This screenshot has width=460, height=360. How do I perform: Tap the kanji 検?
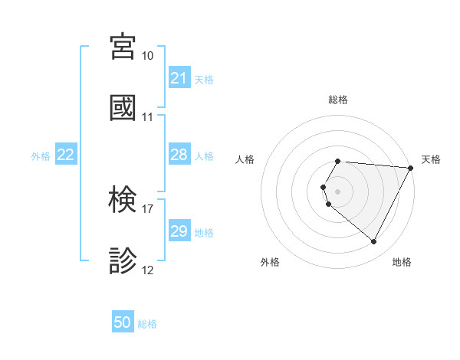click(123, 200)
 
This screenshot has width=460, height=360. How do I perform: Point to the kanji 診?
click(123, 260)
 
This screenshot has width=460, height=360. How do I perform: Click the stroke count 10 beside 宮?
click(148, 56)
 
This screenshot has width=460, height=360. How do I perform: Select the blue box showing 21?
click(179, 78)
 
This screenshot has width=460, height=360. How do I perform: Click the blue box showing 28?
click(179, 155)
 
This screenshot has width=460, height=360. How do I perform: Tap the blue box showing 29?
click(179, 231)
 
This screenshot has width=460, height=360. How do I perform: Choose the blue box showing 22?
click(66, 155)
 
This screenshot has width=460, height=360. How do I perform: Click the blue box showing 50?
click(123, 322)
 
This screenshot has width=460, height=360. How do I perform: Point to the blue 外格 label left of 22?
click(41, 155)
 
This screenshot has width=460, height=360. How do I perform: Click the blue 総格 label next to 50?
click(147, 324)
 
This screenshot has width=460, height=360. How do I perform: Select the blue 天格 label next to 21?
click(204, 79)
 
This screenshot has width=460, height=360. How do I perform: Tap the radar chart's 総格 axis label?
click(338, 100)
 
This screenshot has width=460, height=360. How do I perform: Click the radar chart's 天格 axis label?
click(432, 159)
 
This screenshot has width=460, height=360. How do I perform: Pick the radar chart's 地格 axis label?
click(402, 262)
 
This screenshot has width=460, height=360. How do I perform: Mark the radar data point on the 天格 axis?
click(411, 168)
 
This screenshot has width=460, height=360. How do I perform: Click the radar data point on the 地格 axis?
click(374, 242)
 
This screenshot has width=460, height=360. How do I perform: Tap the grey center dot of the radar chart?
click(338, 191)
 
